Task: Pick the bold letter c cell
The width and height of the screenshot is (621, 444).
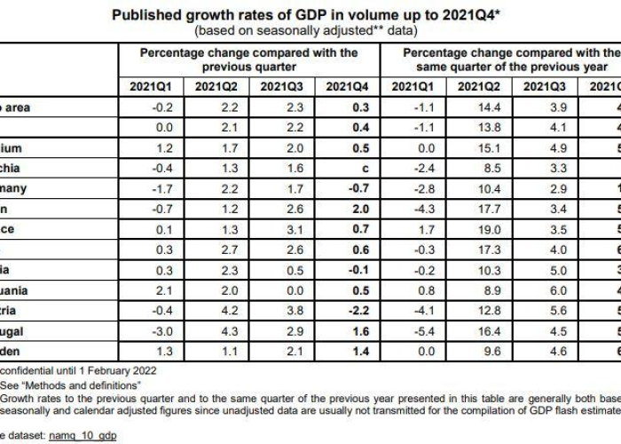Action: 352,168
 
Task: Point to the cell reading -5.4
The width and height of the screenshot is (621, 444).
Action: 412,331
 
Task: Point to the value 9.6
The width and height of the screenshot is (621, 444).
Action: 479,352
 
